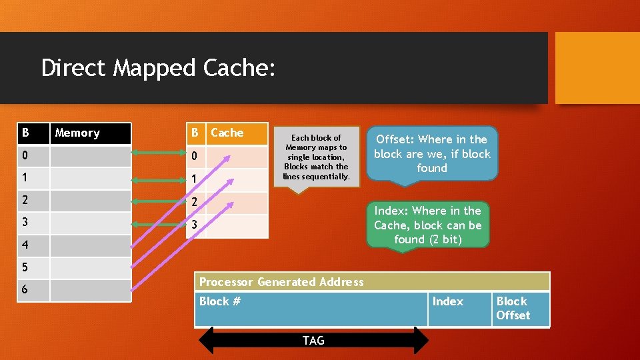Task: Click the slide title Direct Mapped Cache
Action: [x=158, y=68]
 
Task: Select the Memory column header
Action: [x=77, y=133]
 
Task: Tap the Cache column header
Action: [x=227, y=133]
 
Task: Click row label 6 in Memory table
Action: [x=25, y=290]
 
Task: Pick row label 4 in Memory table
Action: [x=25, y=245]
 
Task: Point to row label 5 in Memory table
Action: [x=25, y=267]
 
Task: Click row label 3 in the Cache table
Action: [x=195, y=225]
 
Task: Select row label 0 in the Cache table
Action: [x=195, y=157]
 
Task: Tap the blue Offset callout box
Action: [x=431, y=153]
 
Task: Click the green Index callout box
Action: [x=427, y=225]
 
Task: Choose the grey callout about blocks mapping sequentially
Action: [x=316, y=157]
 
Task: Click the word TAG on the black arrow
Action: [x=313, y=341]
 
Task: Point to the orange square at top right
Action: [x=597, y=68]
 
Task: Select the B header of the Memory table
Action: [x=25, y=133]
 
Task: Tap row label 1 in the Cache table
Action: [x=195, y=179]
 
